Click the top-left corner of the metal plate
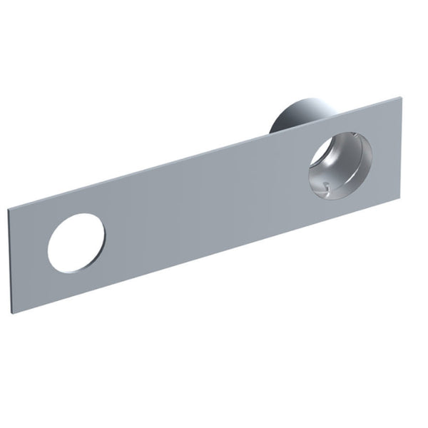point(8,209)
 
